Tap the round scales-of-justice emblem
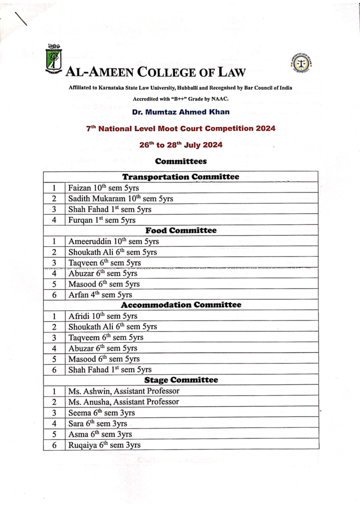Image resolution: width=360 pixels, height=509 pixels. [301, 64]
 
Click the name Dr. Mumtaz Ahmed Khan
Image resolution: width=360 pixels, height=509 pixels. [181, 112]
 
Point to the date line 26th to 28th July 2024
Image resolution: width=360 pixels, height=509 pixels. [181, 145]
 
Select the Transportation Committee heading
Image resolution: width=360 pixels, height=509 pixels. [181, 177]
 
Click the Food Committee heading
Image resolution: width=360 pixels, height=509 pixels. [181, 231]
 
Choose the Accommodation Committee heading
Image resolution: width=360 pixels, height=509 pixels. [181, 305]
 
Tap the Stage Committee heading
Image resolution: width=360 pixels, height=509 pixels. [181, 380]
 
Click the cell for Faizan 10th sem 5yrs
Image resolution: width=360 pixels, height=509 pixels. [103, 188]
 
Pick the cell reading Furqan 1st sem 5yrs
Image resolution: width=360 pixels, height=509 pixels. [102, 220]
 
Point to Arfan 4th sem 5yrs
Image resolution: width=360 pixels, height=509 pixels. [100, 295]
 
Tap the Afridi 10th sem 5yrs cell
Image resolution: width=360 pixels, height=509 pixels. [103, 316]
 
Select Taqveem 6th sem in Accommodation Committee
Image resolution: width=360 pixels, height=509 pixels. [106, 338]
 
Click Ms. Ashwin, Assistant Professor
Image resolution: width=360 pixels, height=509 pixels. [124, 391]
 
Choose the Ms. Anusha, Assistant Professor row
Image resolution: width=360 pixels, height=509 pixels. [123, 402]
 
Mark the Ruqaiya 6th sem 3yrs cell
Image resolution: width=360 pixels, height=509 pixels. [104, 445]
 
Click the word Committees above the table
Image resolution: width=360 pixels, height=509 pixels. [181, 161]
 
